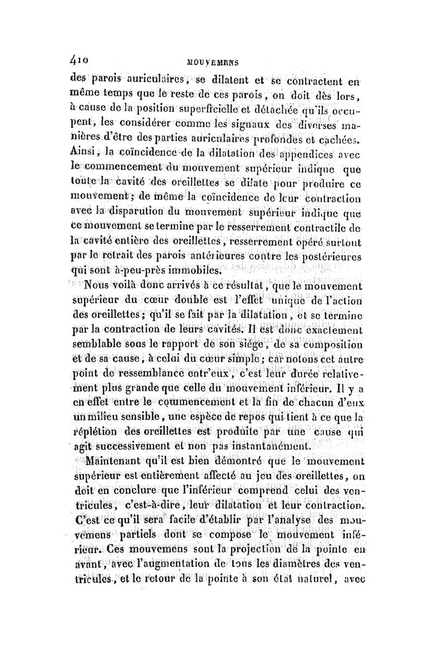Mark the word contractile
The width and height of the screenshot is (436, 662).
pyautogui.click(x=324, y=224)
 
